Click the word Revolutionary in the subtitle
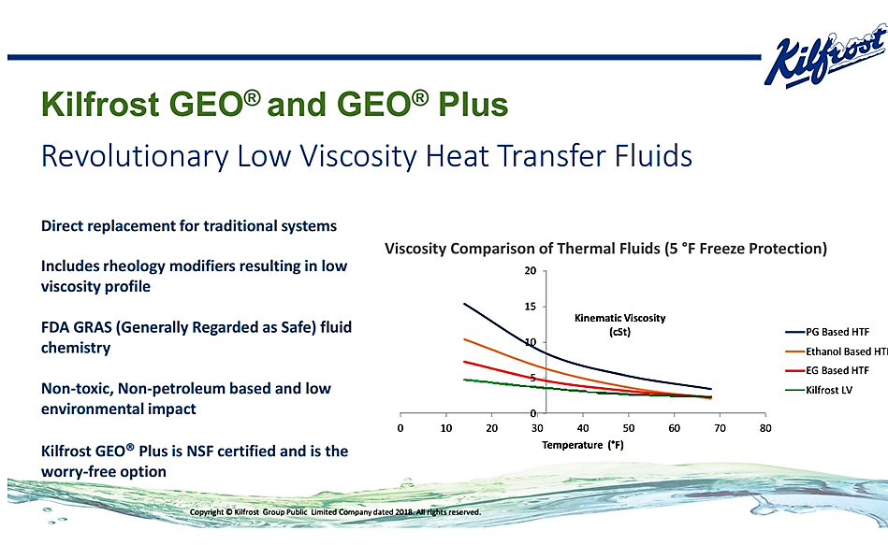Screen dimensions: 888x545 (x=135, y=157)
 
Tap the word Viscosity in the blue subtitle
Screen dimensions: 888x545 (x=358, y=157)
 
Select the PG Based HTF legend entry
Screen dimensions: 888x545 (x=827, y=332)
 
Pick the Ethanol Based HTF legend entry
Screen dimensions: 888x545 (x=837, y=351)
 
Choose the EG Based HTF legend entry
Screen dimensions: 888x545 (x=827, y=371)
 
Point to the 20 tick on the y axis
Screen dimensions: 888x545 (x=530, y=271)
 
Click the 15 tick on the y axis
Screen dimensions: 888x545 (x=530, y=307)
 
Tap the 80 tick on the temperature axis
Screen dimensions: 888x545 (x=765, y=428)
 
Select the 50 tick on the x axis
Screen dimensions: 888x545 (x=629, y=428)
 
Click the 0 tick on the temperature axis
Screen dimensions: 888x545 (x=400, y=428)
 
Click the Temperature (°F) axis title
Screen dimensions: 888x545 (x=583, y=445)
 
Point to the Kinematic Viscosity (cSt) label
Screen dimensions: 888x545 (x=620, y=324)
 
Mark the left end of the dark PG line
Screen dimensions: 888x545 (x=464, y=304)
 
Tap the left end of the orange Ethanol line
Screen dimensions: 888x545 (x=464, y=339)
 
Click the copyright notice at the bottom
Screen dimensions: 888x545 (x=335, y=512)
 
